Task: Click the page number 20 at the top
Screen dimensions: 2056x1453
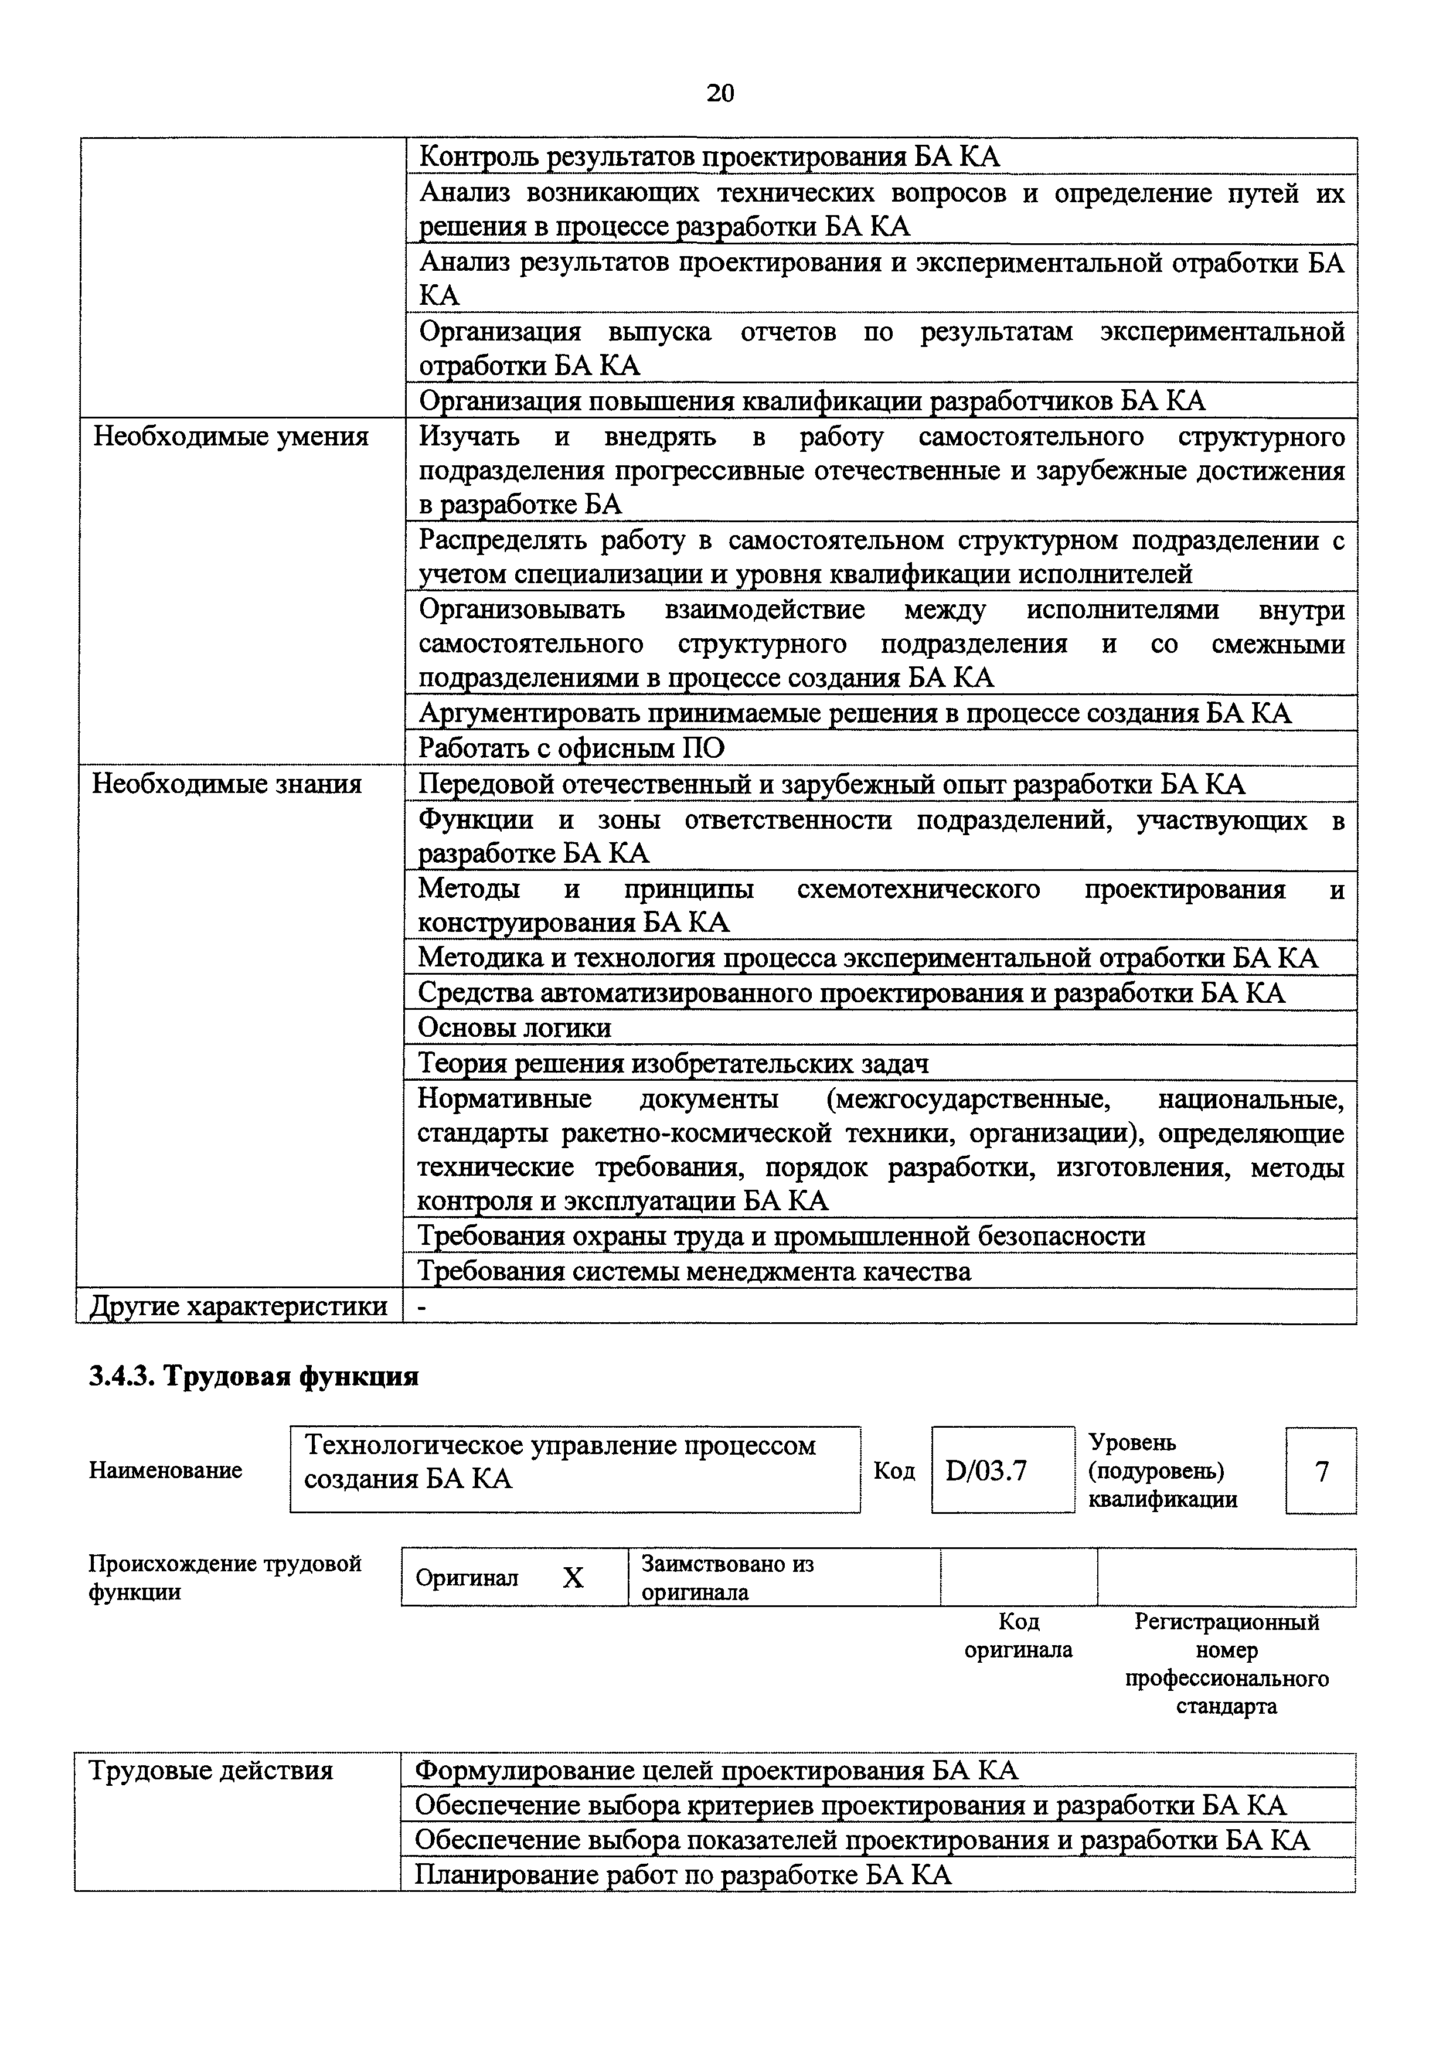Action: [x=720, y=93]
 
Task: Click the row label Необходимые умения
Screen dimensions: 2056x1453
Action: [x=231, y=437]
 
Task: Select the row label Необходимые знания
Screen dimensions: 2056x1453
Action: [x=227, y=784]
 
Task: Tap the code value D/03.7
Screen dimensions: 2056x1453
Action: [x=986, y=1471]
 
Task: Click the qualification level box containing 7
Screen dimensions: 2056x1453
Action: [x=1321, y=1471]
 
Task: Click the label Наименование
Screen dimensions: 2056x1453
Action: [x=166, y=1470]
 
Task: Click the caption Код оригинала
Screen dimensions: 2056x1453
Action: [x=1018, y=1635]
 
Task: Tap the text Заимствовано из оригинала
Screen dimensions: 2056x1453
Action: [x=727, y=1578]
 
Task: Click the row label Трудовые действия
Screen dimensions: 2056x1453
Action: [x=210, y=1771]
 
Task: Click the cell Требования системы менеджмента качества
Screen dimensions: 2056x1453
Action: [x=695, y=1272]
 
